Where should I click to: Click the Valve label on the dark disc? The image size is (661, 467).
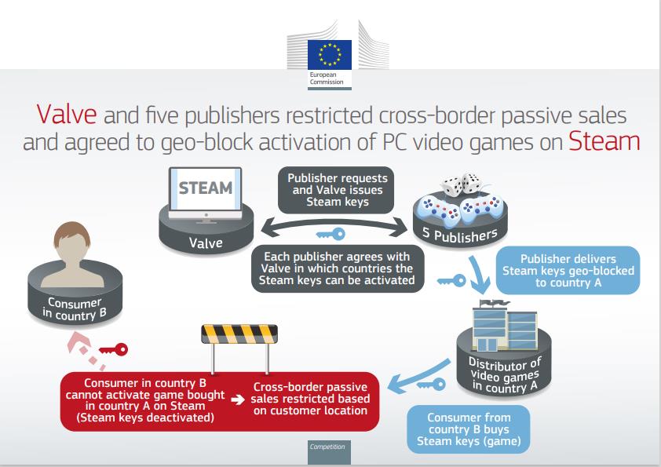tap(206, 243)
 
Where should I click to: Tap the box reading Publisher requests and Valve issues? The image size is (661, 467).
tap(337, 189)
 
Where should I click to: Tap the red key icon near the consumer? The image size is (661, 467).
tap(113, 349)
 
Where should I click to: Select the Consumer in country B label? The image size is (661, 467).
tap(69, 310)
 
